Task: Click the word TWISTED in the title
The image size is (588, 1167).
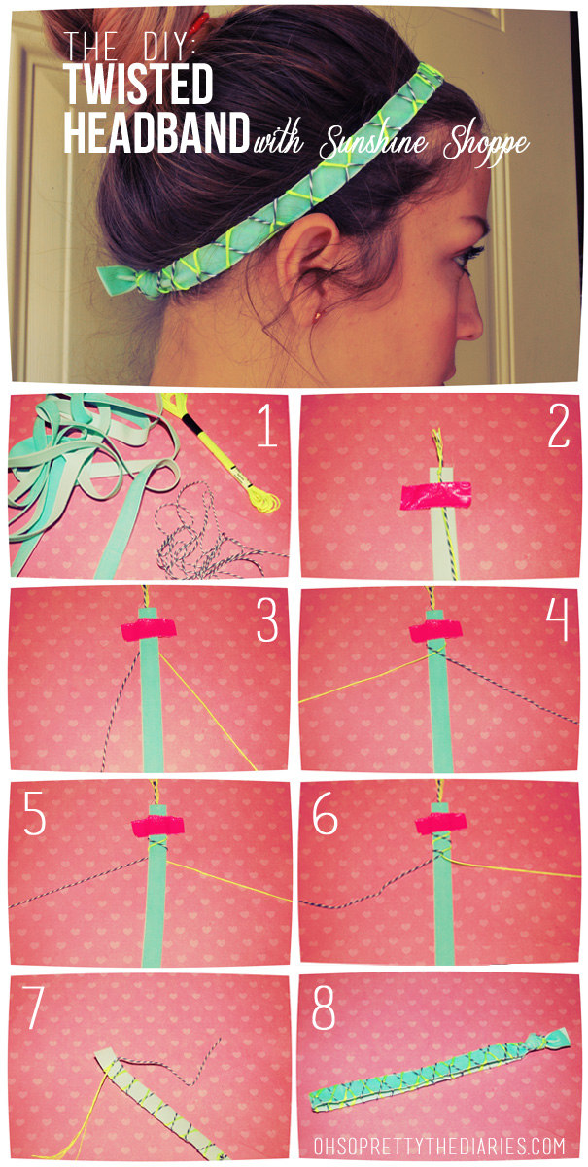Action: (138, 86)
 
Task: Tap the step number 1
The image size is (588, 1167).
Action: (268, 427)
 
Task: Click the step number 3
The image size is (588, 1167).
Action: (267, 620)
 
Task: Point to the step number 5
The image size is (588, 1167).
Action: (36, 815)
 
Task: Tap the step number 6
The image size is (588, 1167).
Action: (325, 815)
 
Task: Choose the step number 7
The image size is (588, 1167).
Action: (36, 1009)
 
